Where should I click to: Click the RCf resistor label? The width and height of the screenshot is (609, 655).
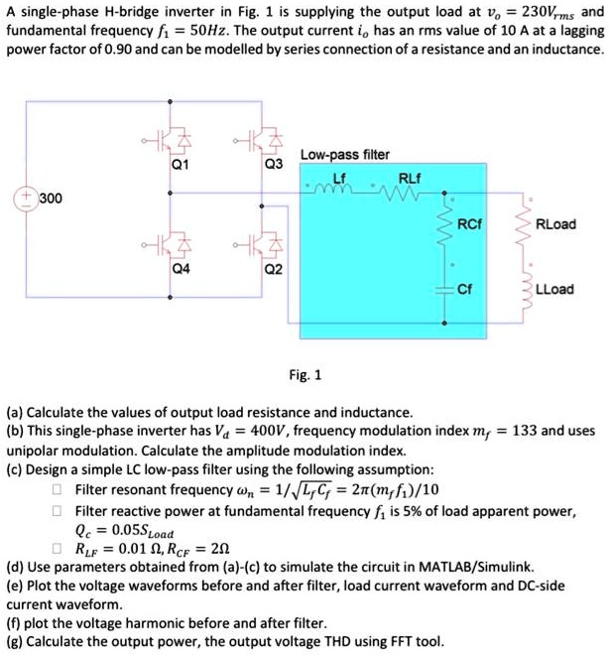tap(476, 224)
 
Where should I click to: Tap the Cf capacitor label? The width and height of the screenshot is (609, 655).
tap(471, 290)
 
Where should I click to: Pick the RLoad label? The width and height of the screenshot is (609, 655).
tap(555, 224)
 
